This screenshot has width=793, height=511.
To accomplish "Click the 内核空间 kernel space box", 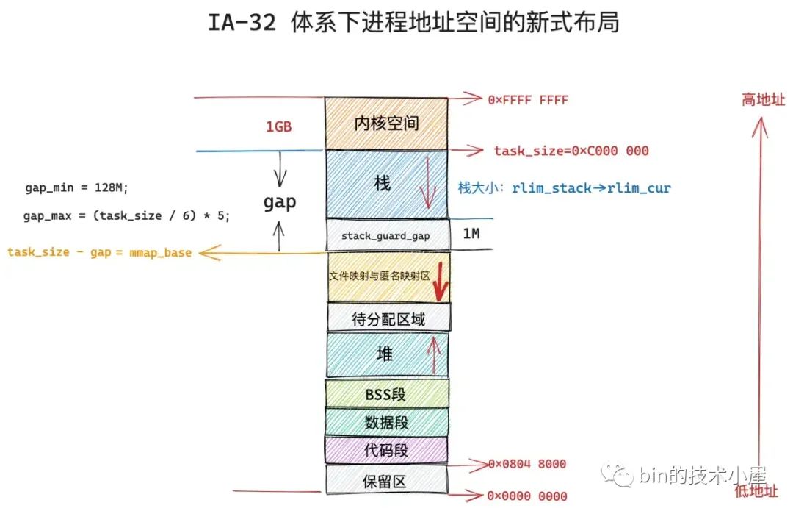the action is (x=386, y=124).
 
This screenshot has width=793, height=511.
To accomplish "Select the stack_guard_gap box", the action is (x=388, y=235).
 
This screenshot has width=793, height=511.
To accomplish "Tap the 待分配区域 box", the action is (x=389, y=318).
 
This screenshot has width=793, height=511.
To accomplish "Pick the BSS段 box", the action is (x=387, y=393).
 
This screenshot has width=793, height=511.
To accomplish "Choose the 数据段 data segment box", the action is (x=387, y=422).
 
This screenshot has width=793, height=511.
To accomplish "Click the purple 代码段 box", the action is (x=386, y=450).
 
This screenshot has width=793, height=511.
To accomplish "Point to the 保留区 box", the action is (x=387, y=479).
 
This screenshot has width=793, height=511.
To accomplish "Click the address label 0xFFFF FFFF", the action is (x=528, y=100).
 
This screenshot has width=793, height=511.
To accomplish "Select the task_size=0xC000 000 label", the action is (x=571, y=151).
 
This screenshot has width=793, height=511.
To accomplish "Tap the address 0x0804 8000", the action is (x=527, y=464).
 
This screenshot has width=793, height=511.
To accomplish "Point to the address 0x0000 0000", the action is (x=527, y=496).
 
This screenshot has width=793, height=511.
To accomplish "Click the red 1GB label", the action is (x=279, y=126).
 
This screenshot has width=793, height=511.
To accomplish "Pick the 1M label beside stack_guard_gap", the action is (x=471, y=234).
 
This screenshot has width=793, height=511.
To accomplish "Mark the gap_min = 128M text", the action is (x=76, y=188).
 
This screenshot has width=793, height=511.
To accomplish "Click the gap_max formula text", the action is (x=126, y=215).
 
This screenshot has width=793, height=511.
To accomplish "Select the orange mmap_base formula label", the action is (x=100, y=252).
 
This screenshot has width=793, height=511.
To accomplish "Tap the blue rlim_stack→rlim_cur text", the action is (x=591, y=188).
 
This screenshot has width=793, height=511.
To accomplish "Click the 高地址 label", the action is (x=763, y=100).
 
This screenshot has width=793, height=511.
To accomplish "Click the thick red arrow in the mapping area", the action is (x=440, y=282).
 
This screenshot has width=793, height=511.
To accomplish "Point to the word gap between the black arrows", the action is (x=280, y=202).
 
